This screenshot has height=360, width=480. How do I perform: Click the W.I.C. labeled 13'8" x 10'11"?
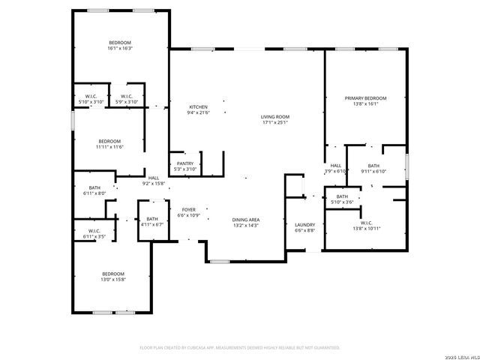pyautogui.click(x=366, y=225)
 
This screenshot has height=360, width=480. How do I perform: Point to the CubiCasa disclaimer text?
pyautogui.click(x=240, y=348)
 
